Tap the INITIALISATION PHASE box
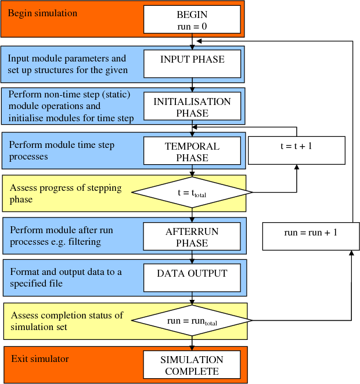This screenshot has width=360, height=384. point(192,107)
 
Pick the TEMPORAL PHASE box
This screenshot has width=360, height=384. point(192,152)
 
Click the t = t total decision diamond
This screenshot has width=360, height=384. point(192,192)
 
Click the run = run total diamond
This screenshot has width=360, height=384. point(192,320)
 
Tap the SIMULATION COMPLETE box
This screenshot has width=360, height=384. point(192,365)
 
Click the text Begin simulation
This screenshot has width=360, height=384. point(42,13)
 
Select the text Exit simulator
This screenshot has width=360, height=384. point(39,359)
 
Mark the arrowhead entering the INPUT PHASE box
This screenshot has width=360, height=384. point(192,46)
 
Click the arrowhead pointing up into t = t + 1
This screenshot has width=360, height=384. point(297,167)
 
